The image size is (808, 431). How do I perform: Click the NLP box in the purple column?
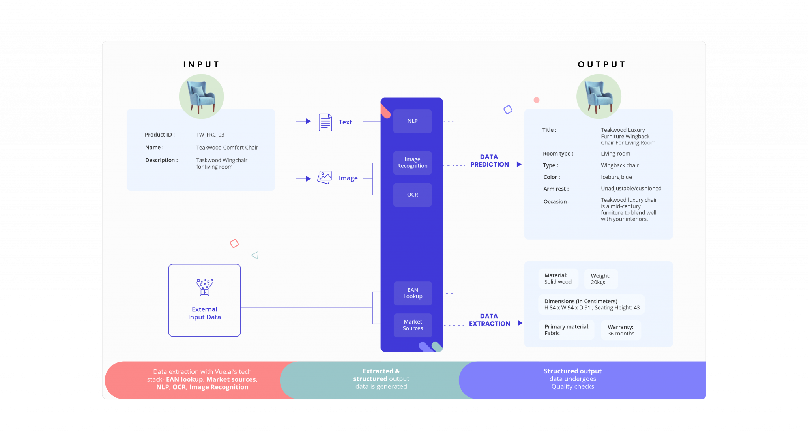click(412, 121)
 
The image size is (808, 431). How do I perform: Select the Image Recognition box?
click(412, 163)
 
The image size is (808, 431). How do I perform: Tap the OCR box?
click(412, 195)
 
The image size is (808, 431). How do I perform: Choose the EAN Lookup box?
click(413, 293)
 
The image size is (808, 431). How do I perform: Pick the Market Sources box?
click(413, 325)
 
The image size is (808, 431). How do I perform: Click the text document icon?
click(325, 122)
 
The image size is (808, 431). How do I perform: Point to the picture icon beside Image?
click(325, 177)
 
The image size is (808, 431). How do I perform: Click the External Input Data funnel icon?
click(204, 287)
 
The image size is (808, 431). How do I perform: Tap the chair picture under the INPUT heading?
click(202, 96)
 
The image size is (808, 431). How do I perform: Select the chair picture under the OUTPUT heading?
click(599, 96)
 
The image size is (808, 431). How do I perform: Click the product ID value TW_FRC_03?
click(210, 135)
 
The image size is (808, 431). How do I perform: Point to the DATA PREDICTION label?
click(489, 161)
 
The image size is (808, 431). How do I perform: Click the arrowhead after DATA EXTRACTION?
click(520, 323)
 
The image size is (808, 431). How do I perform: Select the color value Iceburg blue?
click(616, 177)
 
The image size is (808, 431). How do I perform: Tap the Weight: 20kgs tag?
click(600, 279)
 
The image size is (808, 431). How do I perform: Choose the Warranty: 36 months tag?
click(621, 330)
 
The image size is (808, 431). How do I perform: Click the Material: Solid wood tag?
click(558, 279)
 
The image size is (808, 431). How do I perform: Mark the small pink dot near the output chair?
click(537, 100)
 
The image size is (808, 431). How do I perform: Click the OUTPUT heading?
click(602, 65)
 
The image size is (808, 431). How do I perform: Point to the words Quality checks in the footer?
click(572, 387)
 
